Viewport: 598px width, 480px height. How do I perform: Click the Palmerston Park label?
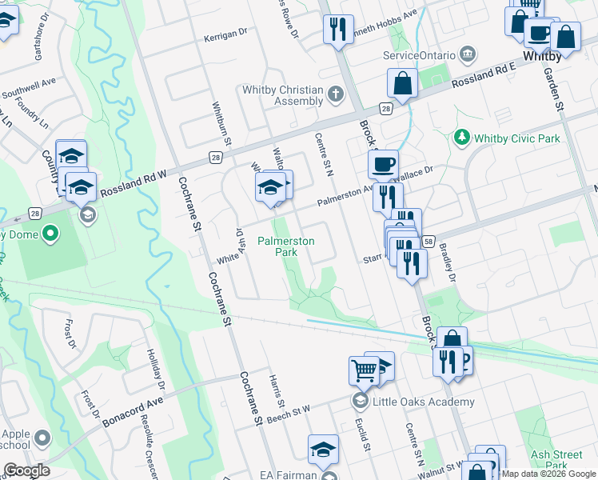coord(285,246)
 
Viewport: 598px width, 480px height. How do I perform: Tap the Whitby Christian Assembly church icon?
coord(336,96)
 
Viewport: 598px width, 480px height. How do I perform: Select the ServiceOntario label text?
coord(419,56)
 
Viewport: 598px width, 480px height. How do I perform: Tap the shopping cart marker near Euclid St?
coord(363,371)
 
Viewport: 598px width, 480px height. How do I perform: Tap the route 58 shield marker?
coord(429,241)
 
